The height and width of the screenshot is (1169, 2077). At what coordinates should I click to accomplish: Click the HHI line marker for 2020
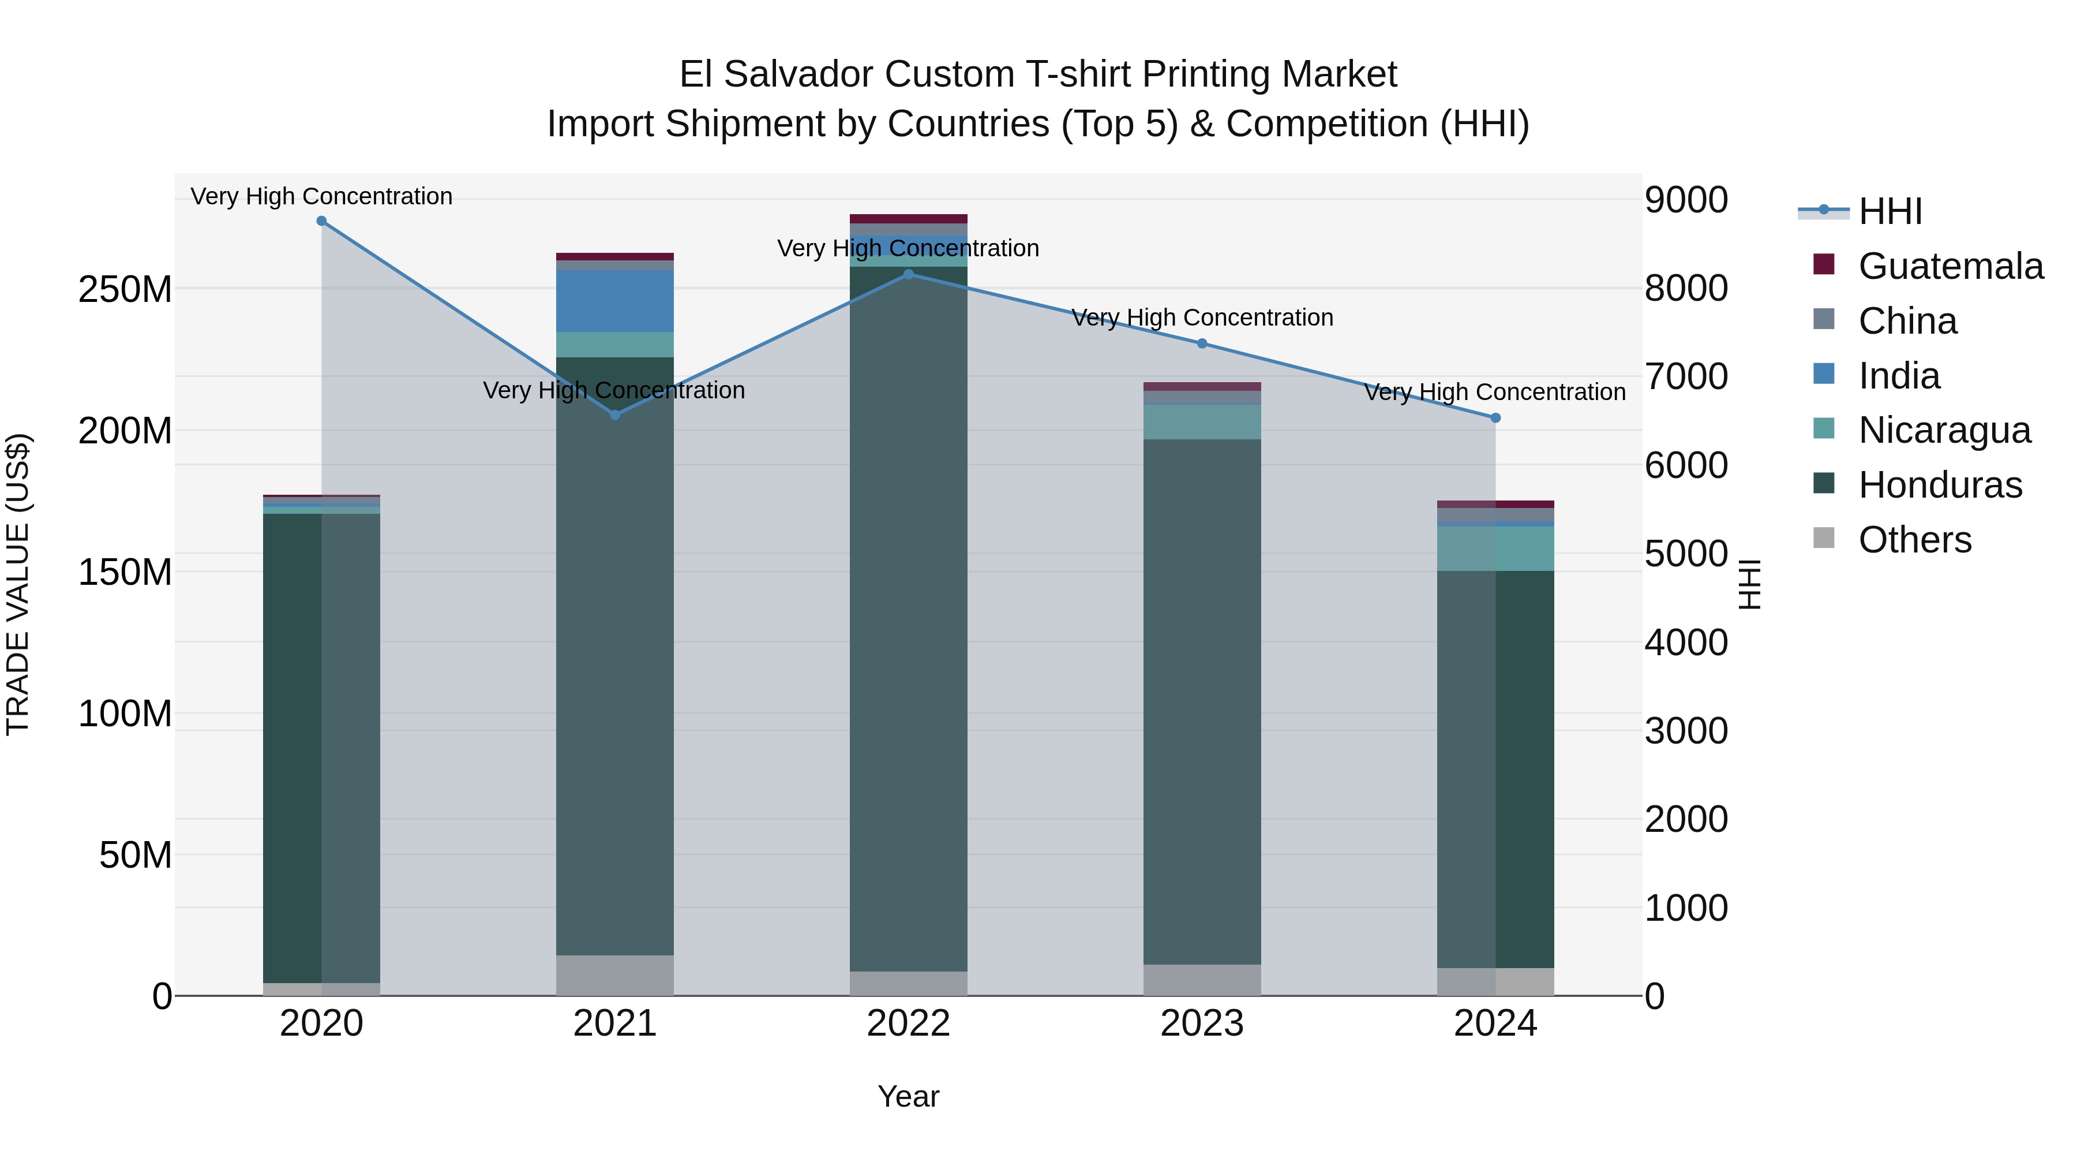pyautogui.click(x=322, y=221)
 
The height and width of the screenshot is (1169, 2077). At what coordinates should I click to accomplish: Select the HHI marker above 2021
pyautogui.click(x=615, y=414)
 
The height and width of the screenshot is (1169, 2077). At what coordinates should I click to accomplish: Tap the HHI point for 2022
pyautogui.click(x=909, y=274)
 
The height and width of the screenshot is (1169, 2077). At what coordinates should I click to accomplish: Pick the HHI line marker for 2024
pyautogui.click(x=1495, y=418)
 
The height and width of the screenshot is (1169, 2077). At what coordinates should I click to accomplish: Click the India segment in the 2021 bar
pyautogui.click(x=615, y=301)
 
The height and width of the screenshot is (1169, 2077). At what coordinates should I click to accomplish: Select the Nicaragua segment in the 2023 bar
pyautogui.click(x=1202, y=422)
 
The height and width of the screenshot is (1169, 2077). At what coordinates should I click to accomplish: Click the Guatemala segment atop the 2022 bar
pyautogui.click(x=909, y=219)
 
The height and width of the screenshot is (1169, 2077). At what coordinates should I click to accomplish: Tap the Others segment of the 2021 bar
pyautogui.click(x=615, y=976)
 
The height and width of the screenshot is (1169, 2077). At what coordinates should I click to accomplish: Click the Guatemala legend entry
pyautogui.click(x=1951, y=266)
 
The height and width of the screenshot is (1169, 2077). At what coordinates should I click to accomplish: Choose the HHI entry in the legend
pyautogui.click(x=1890, y=211)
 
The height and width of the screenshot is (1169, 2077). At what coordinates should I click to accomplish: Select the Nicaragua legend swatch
pyautogui.click(x=1824, y=428)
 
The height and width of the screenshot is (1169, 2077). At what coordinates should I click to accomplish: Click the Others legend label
pyautogui.click(x=1915, y=540)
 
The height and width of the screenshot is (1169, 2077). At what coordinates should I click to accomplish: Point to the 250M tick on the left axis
pyautogui.click(x=125, y=289)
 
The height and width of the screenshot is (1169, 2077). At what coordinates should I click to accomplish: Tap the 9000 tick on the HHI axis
pyautogui.click(x=1686, y=200)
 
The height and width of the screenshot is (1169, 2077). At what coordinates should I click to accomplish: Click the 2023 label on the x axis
pyautogui.click(x=1202, y=1024)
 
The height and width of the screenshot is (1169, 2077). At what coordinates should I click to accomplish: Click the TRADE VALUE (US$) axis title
pyautogui.click(x=18, y=584)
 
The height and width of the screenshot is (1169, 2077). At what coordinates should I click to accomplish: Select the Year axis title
pyautogui.click(x=909, y=1096)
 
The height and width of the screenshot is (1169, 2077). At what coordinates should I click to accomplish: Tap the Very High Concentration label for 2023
pyautogui.click(x=1202, y=318)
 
